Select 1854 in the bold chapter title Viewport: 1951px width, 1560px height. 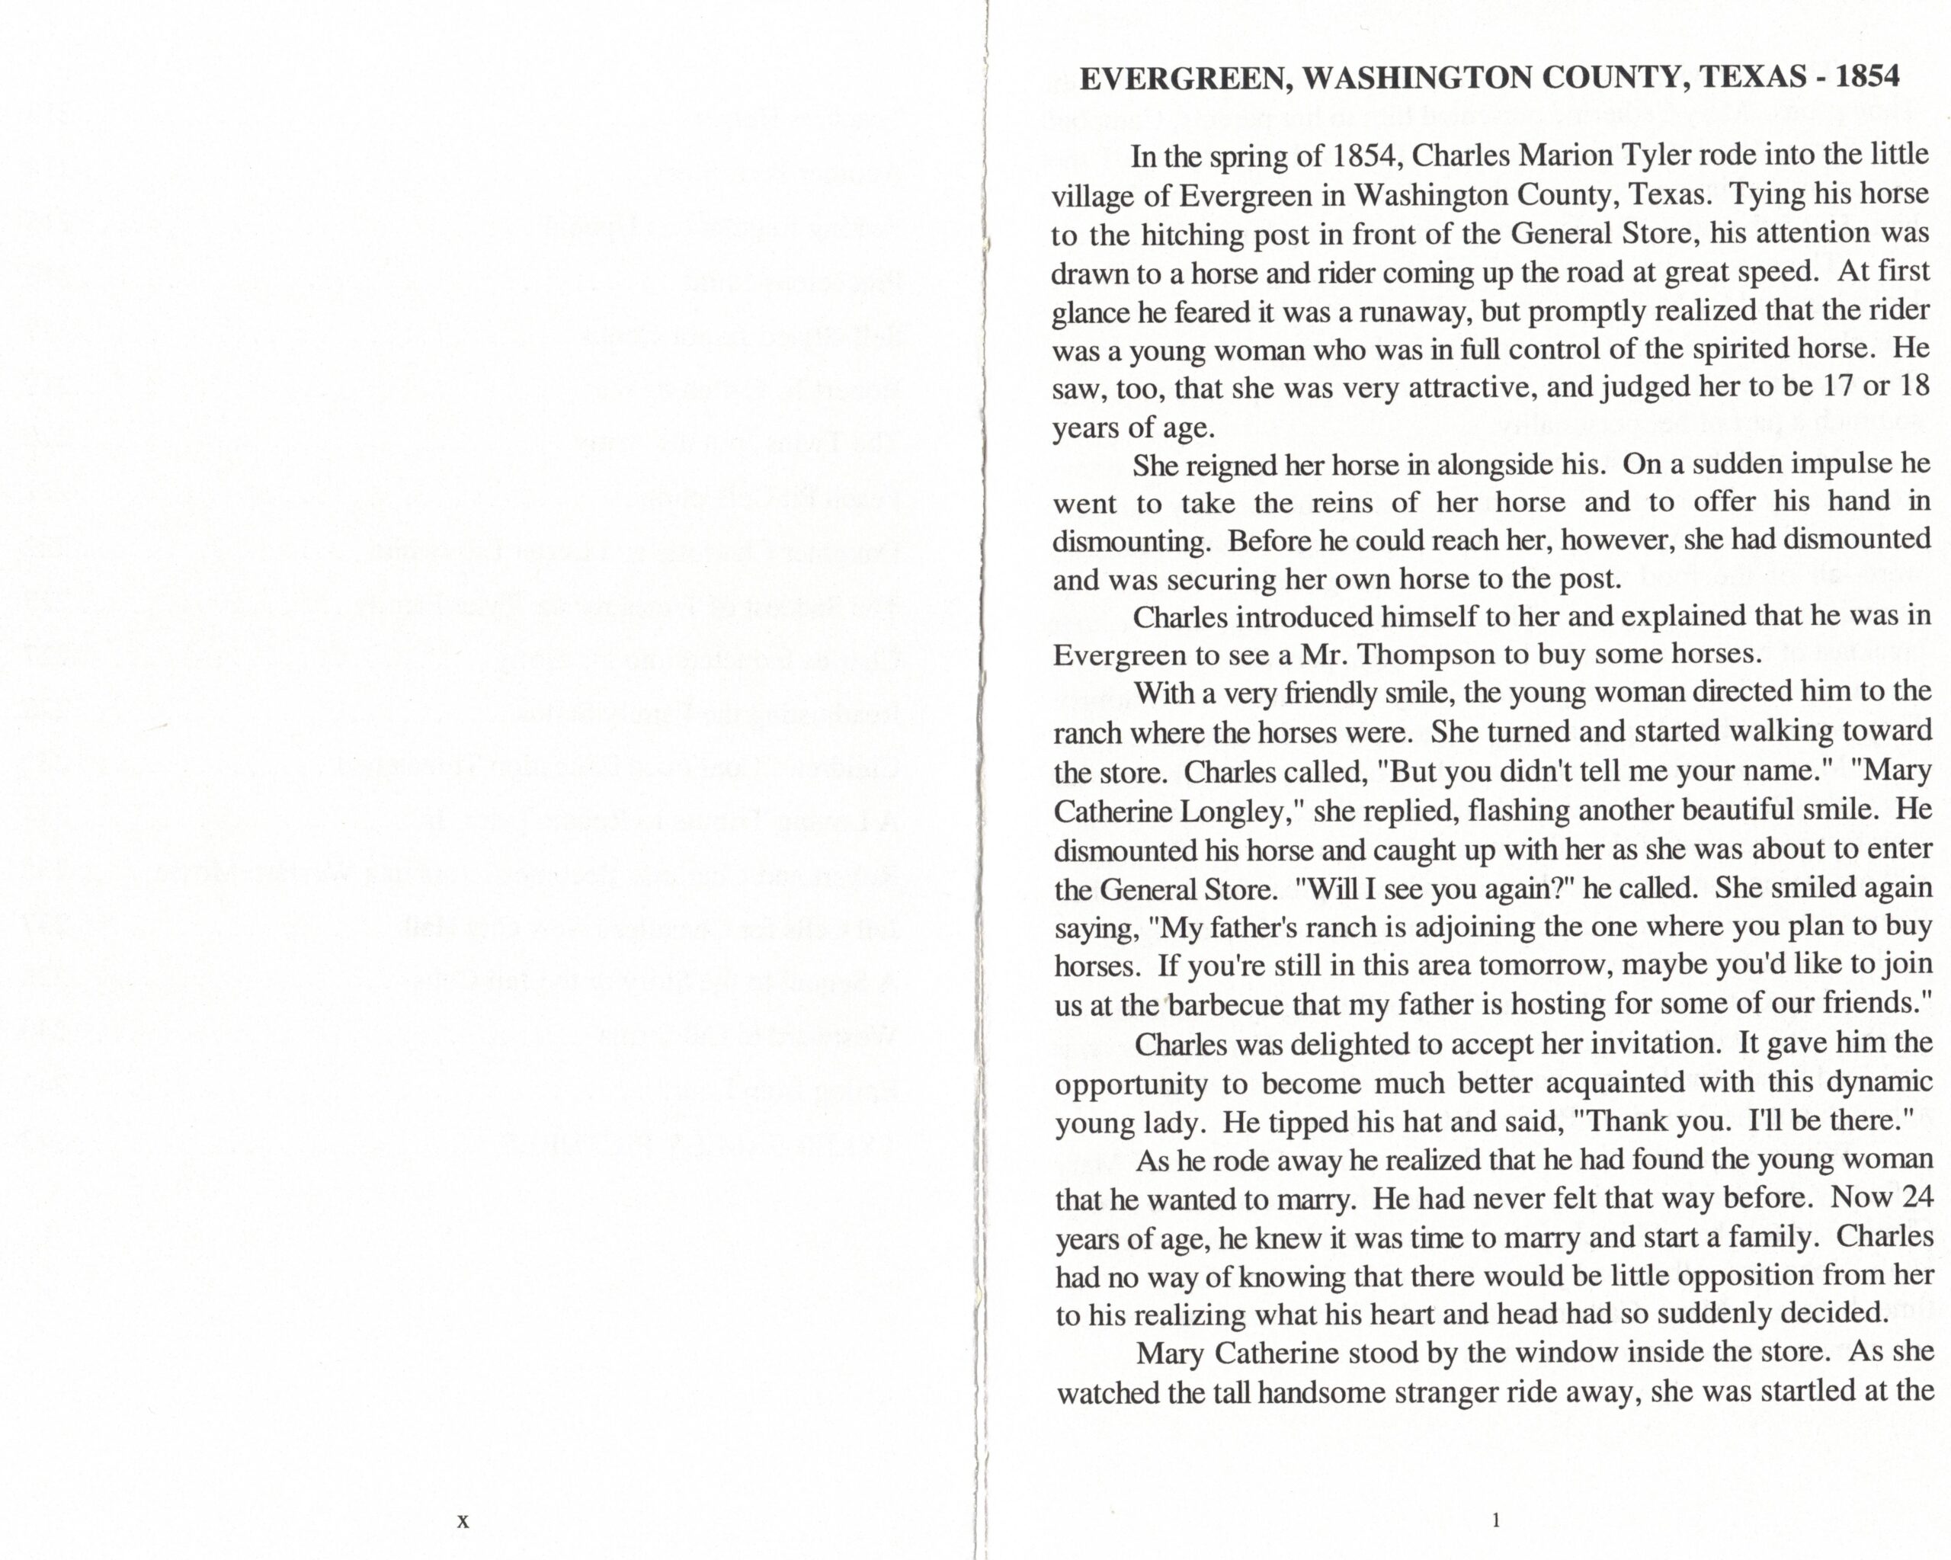point(1867,78)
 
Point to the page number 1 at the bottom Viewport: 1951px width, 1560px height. point(1495,1520)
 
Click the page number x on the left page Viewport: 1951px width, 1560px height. point(463,1521)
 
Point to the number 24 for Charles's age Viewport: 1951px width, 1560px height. point(1917,1198)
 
